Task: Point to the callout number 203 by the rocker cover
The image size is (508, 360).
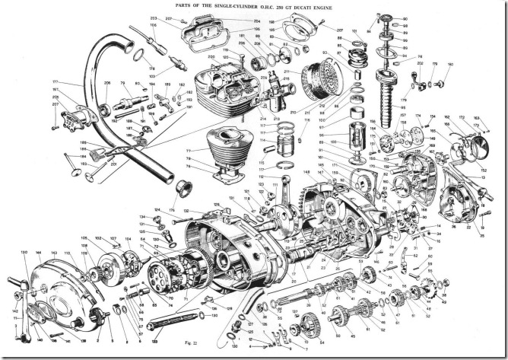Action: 154,17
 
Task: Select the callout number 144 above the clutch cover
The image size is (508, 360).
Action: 38,252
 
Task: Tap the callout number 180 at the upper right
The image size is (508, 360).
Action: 449,64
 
